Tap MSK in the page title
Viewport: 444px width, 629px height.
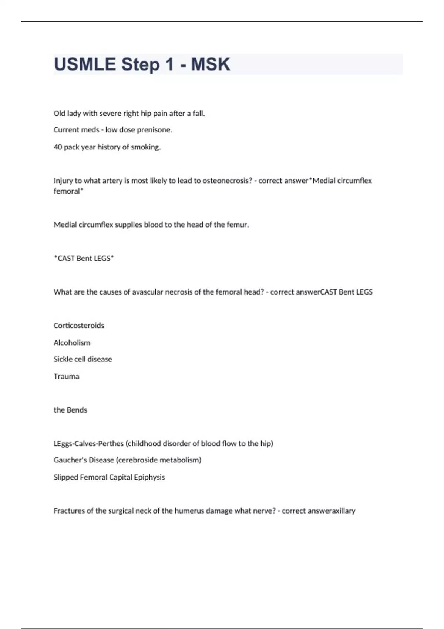click(210, 64)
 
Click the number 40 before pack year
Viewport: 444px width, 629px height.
click(58, 147)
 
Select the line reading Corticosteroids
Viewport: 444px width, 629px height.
click(79, 326)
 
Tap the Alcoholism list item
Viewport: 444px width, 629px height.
click(72, 343)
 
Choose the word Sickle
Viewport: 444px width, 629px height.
click(63, 359)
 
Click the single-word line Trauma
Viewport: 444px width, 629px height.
click(66, 376)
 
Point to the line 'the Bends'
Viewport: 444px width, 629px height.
click(70, 410)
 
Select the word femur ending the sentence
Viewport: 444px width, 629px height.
click(239, 225)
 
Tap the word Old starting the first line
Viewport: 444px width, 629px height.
click(59, 113)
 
